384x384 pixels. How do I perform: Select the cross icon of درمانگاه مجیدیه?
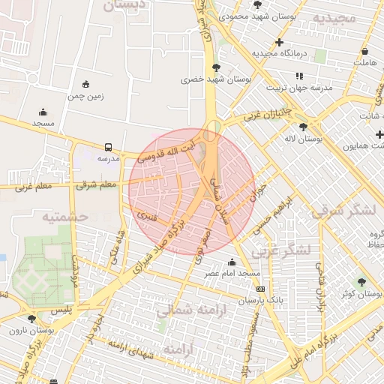click(280, 43)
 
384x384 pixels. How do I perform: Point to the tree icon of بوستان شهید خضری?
click(216, 67)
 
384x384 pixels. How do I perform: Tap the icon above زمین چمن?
click(86, 84)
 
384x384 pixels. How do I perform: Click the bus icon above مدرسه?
click(109, 147)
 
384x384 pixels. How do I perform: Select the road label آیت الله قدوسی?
click(168, 150)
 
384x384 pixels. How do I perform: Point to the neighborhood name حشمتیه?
click(65, 217)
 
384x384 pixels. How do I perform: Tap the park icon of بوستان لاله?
click(303, 127)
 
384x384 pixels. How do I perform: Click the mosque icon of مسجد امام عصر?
click(231, 262)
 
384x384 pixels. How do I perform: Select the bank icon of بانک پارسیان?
click(260, 289)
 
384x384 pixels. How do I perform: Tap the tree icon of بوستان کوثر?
click(361, 282)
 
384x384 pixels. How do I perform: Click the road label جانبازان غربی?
click(263, 115)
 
